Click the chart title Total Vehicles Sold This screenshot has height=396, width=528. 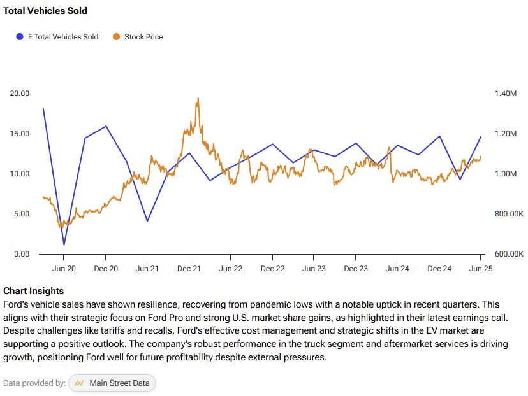pos(45,11)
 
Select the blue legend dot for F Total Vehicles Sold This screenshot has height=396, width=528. pos(20,37)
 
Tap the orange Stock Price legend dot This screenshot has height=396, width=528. pos(116,37)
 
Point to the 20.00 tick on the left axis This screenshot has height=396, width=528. pos(20,94)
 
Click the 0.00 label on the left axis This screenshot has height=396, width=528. pos(22,254)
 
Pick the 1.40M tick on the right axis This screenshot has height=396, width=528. pos(505,94)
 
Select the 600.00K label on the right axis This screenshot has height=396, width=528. pos(508,254)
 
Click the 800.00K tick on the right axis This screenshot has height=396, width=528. pos(508,214)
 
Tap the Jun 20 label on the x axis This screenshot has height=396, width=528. pos(64,269)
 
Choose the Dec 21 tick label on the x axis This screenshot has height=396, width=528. pos(189,269)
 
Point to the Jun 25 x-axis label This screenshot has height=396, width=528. pos(481,269)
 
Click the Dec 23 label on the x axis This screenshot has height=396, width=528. pos(356,269)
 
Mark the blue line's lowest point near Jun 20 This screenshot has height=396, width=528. pos(64,245)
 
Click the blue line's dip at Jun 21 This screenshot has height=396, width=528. pos(147,221)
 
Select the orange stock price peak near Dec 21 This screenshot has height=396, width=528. pos(198,99)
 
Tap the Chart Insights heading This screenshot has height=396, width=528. pos(33,291)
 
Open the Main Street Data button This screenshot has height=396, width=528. pos(112,383)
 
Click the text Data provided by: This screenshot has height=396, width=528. pos(34,383)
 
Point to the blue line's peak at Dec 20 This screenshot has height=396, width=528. pos(106,126)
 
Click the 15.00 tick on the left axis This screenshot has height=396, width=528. pos(20,134)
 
